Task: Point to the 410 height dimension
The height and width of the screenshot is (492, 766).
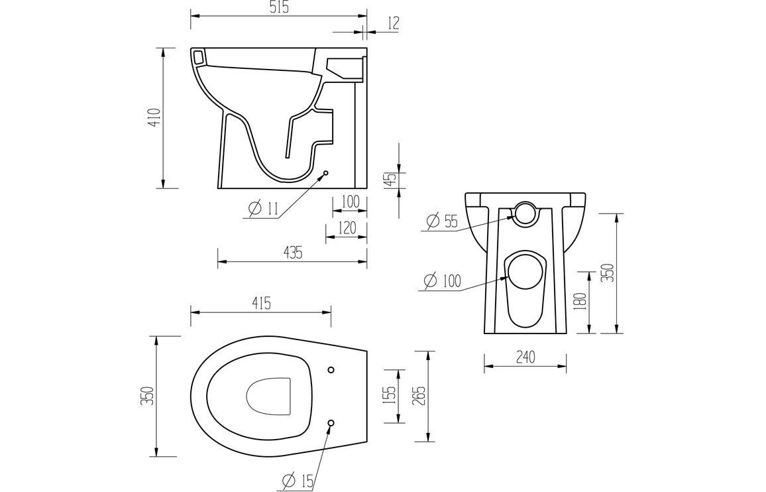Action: pyautogui.click(x=154, y=117)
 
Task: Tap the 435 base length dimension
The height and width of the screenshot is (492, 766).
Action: pyautogui.click(x=292, y=252)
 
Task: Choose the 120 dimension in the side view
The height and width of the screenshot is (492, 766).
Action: pyautogui.click(x=347, y=229)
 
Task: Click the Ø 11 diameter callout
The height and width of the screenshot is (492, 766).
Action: pyautogui.click(x=263, y=209)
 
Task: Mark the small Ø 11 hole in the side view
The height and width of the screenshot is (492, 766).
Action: pyautogui.click(x=326, y=174)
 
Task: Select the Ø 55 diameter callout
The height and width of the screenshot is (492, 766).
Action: pyautogui.click(x=442, y=221)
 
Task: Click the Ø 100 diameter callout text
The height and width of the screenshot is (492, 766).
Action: pyautogui.click(x=442, y=281)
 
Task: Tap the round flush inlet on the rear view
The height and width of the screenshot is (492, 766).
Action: pyautogui.click(x=525, y=213)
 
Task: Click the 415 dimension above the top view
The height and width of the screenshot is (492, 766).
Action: pyautogui.click(x=260, y=304)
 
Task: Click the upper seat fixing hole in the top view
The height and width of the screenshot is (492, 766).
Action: pyautogui.click(x=331, y=369)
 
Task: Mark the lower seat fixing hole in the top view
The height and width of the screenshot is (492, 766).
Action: pyautogui.click(x=331, y=422)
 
